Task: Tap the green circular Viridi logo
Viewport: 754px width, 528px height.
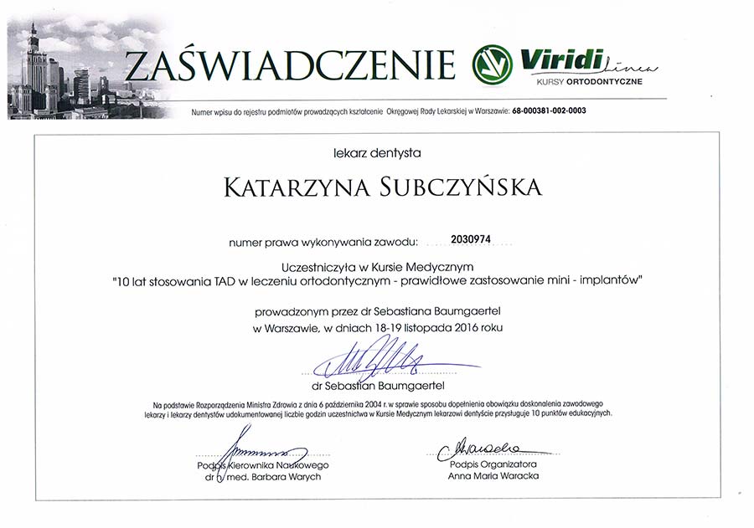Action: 492,64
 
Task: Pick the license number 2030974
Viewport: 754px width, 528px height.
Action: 470,239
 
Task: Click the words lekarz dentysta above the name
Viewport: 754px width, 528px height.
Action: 376,152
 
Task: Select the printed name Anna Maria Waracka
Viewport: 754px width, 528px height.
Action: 493,475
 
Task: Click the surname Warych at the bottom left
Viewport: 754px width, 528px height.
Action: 303,476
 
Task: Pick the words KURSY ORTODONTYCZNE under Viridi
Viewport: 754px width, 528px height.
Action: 582,81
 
